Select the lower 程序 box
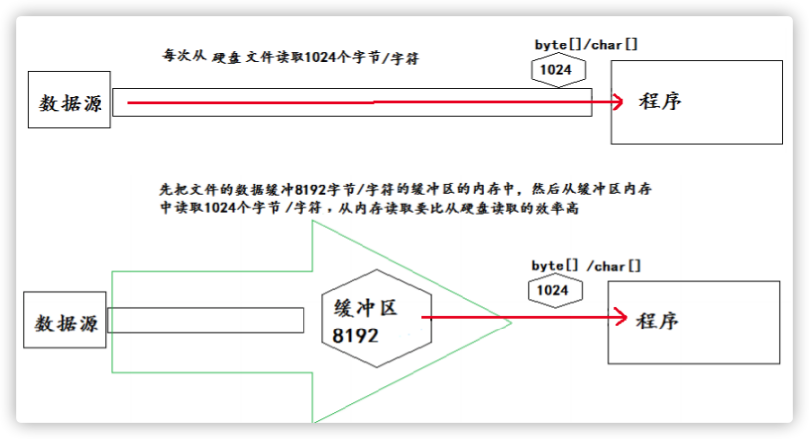(693, 322)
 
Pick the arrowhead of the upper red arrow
(618, 102)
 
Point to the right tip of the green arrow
(510, 322)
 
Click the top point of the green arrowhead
(314, 222)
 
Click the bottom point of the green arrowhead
(314, 422)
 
